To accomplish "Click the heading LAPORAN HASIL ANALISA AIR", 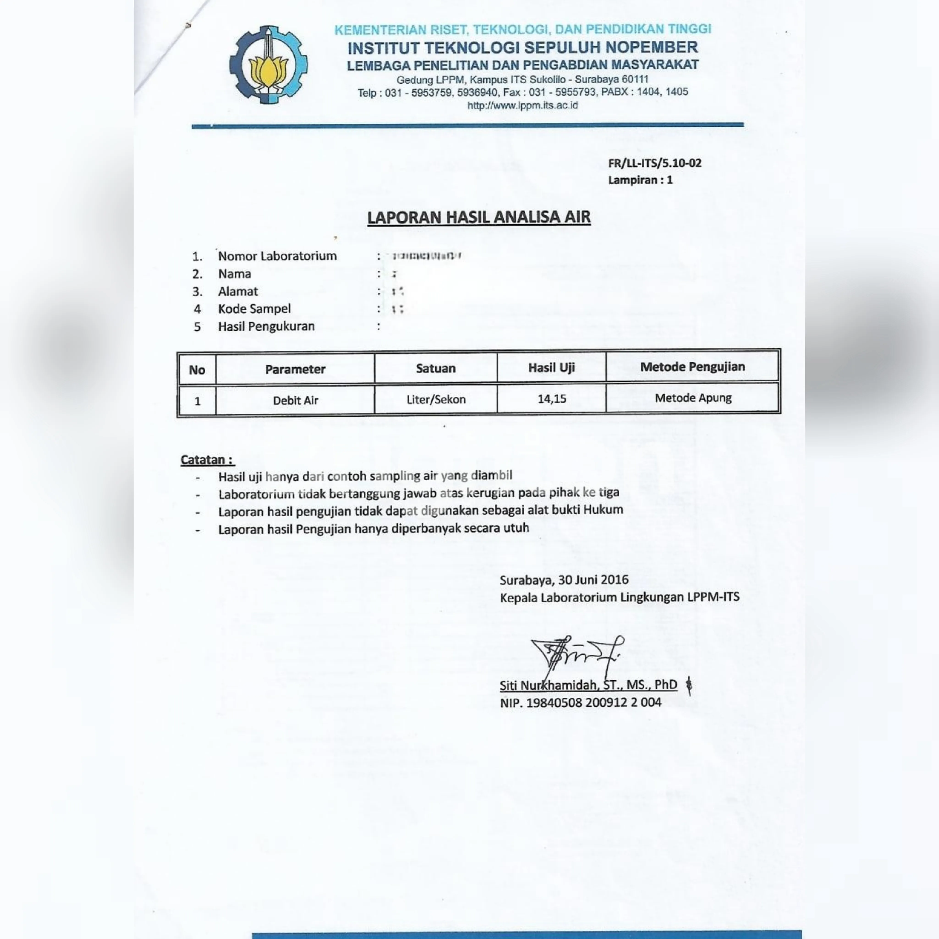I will (479, 217).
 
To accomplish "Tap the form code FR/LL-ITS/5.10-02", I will (655, 163).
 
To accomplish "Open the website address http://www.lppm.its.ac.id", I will (522, 105).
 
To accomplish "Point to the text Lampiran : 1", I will (640, 180).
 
